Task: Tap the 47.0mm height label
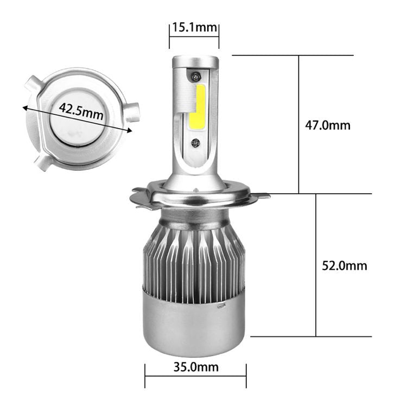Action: pos(327,125)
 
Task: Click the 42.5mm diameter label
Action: pos(81,112)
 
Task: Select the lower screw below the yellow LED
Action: pos(195,144)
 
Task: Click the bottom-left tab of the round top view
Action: pos(42,162)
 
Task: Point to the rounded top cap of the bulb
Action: pos(195,61)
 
